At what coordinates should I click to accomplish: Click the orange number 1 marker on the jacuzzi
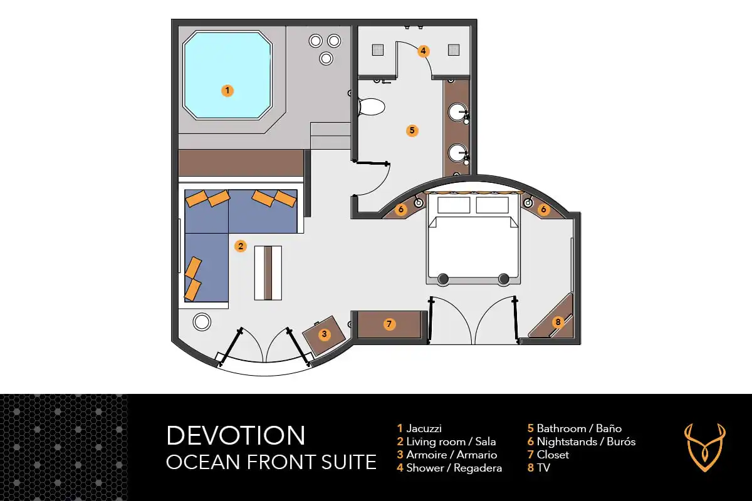click(227, 90)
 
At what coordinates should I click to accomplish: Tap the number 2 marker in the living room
click(240, 246)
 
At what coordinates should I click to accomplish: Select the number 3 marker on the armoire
click(324, 334)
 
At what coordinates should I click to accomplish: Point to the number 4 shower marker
click(424, 51)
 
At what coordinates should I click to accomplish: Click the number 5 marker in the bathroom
click(412, 130)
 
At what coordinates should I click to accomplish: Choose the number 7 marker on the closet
click(389, 324)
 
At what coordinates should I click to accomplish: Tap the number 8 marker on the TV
click(558, 322)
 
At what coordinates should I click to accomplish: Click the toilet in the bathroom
click(370, 107)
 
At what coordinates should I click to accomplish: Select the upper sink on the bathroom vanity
click(457, 113)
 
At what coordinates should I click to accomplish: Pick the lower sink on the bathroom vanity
click(457, 152)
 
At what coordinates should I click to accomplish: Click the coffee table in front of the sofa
click(268, 272)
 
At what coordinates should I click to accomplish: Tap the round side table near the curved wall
click(202, 322)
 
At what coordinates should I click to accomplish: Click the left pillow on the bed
click(453, 205)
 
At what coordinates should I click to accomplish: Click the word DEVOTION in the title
click(236, 435)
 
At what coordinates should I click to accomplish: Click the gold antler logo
click(705, 447)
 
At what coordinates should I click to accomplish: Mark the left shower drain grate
click(377, 49)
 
